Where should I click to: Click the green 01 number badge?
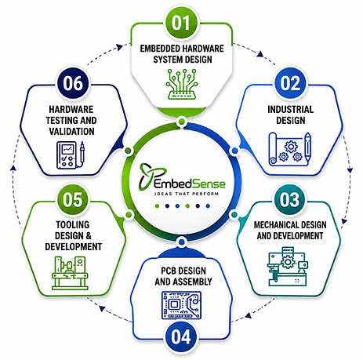(181, 23)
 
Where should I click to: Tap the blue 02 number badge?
(290, 83)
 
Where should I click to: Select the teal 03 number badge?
(289, 200)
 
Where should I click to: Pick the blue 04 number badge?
(181, 336)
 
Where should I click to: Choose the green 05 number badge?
(73, 200)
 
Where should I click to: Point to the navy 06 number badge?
(73, 83)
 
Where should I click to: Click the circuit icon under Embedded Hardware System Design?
(182, 84)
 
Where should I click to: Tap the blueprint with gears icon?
(290, 149)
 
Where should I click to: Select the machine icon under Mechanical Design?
(288, 266)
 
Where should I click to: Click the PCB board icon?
(181, 305)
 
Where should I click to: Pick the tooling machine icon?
(70, 273)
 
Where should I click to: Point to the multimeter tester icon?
(71, 155)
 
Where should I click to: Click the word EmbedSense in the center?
(190, 184)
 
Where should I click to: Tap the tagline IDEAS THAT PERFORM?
(187, 194)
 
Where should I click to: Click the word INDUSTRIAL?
(290, 109)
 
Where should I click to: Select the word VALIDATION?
(71, 131)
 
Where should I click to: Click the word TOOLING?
(73, 225)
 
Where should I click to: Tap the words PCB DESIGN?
(183, 271)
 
